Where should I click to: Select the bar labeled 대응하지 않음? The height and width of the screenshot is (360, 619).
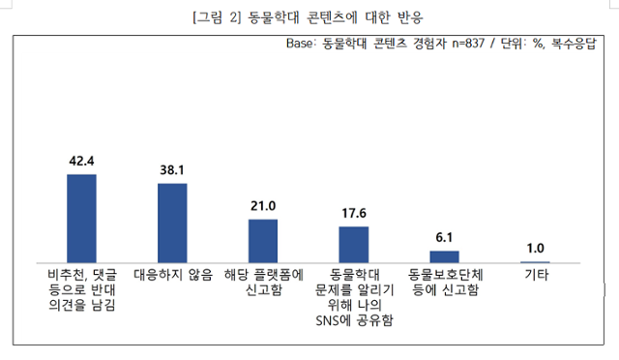click(172, 223)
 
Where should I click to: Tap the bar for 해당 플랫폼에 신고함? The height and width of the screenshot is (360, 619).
click(263, 241)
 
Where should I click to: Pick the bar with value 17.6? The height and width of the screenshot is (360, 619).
click(354, 245)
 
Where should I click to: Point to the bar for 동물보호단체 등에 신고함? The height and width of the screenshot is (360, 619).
click(444, 256)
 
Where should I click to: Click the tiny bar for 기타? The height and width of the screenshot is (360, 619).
click(535, 261)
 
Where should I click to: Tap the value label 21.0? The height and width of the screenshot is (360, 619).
click(263, 205)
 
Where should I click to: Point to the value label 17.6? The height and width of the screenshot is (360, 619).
click(354, 213)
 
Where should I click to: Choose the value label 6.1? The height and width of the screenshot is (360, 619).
click(444, 237)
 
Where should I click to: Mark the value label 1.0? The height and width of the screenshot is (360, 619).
click(535, 248)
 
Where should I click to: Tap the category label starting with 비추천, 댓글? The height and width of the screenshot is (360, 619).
click(81, 289)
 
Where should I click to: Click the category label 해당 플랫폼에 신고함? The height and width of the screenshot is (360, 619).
click(263, 282)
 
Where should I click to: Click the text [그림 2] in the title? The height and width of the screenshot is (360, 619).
click(217, 16)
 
